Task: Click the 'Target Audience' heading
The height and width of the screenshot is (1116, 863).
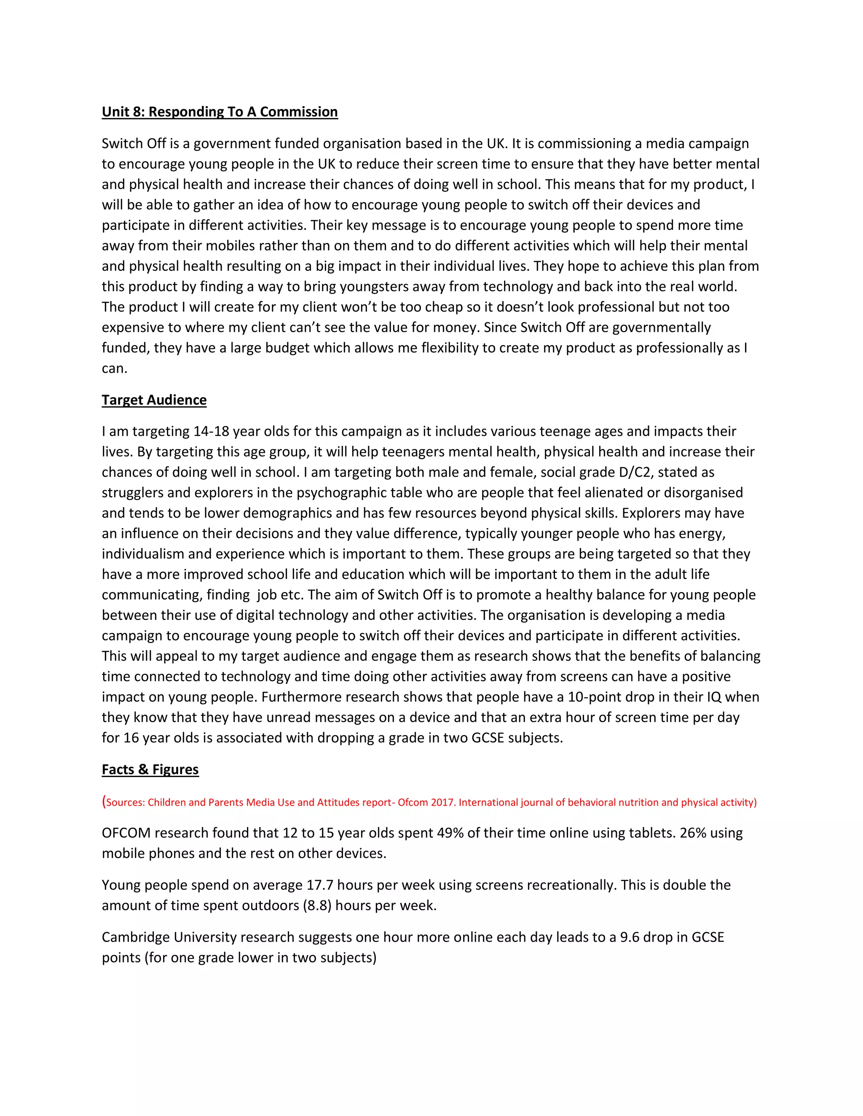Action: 154,400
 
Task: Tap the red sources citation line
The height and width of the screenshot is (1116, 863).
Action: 429,802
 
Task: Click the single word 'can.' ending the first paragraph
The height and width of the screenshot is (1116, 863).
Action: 115,368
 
